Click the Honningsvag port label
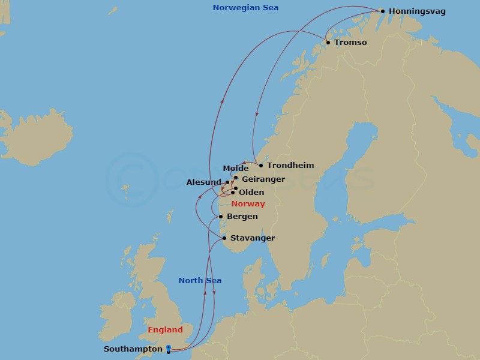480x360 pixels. click(x=417, y=11)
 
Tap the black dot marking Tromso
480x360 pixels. click(x=328, y=42)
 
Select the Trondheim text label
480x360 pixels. click(x=290, y=165)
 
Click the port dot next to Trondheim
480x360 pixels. click(x=260, y=165)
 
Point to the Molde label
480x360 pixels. click(x=235, y=169)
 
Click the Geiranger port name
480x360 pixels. click(x=263, y=179)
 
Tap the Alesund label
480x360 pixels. click(x=205, y=182)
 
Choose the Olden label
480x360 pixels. click(x=251, y=193)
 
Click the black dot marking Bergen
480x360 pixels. click(x=221, y=217)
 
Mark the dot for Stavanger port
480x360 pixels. click(x=224, y=238)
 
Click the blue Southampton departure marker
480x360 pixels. click(x=168, y=348)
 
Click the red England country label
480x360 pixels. click(x=165, y=330)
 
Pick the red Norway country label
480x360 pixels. click(x=248, y=204)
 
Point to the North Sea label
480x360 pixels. click(x=200, y=280)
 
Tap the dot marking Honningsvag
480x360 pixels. click(x=382, y=11)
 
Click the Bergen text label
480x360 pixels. click(x=242, y=217)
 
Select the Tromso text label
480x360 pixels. click(x=350, y=43)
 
